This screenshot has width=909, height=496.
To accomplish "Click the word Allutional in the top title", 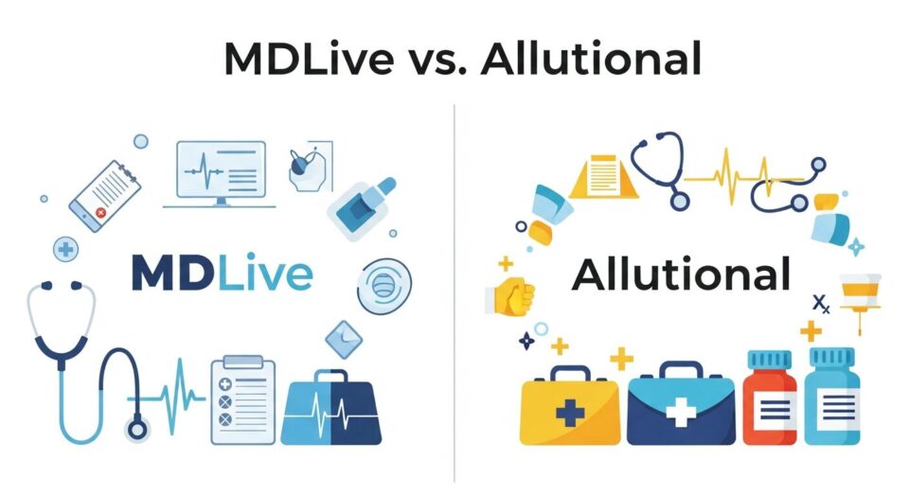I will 592,58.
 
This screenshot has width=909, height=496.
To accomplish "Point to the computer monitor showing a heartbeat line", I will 221,171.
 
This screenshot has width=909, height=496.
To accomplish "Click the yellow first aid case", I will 570,408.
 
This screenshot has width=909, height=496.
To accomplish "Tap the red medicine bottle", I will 769,402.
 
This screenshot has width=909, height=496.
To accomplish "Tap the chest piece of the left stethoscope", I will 138,428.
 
